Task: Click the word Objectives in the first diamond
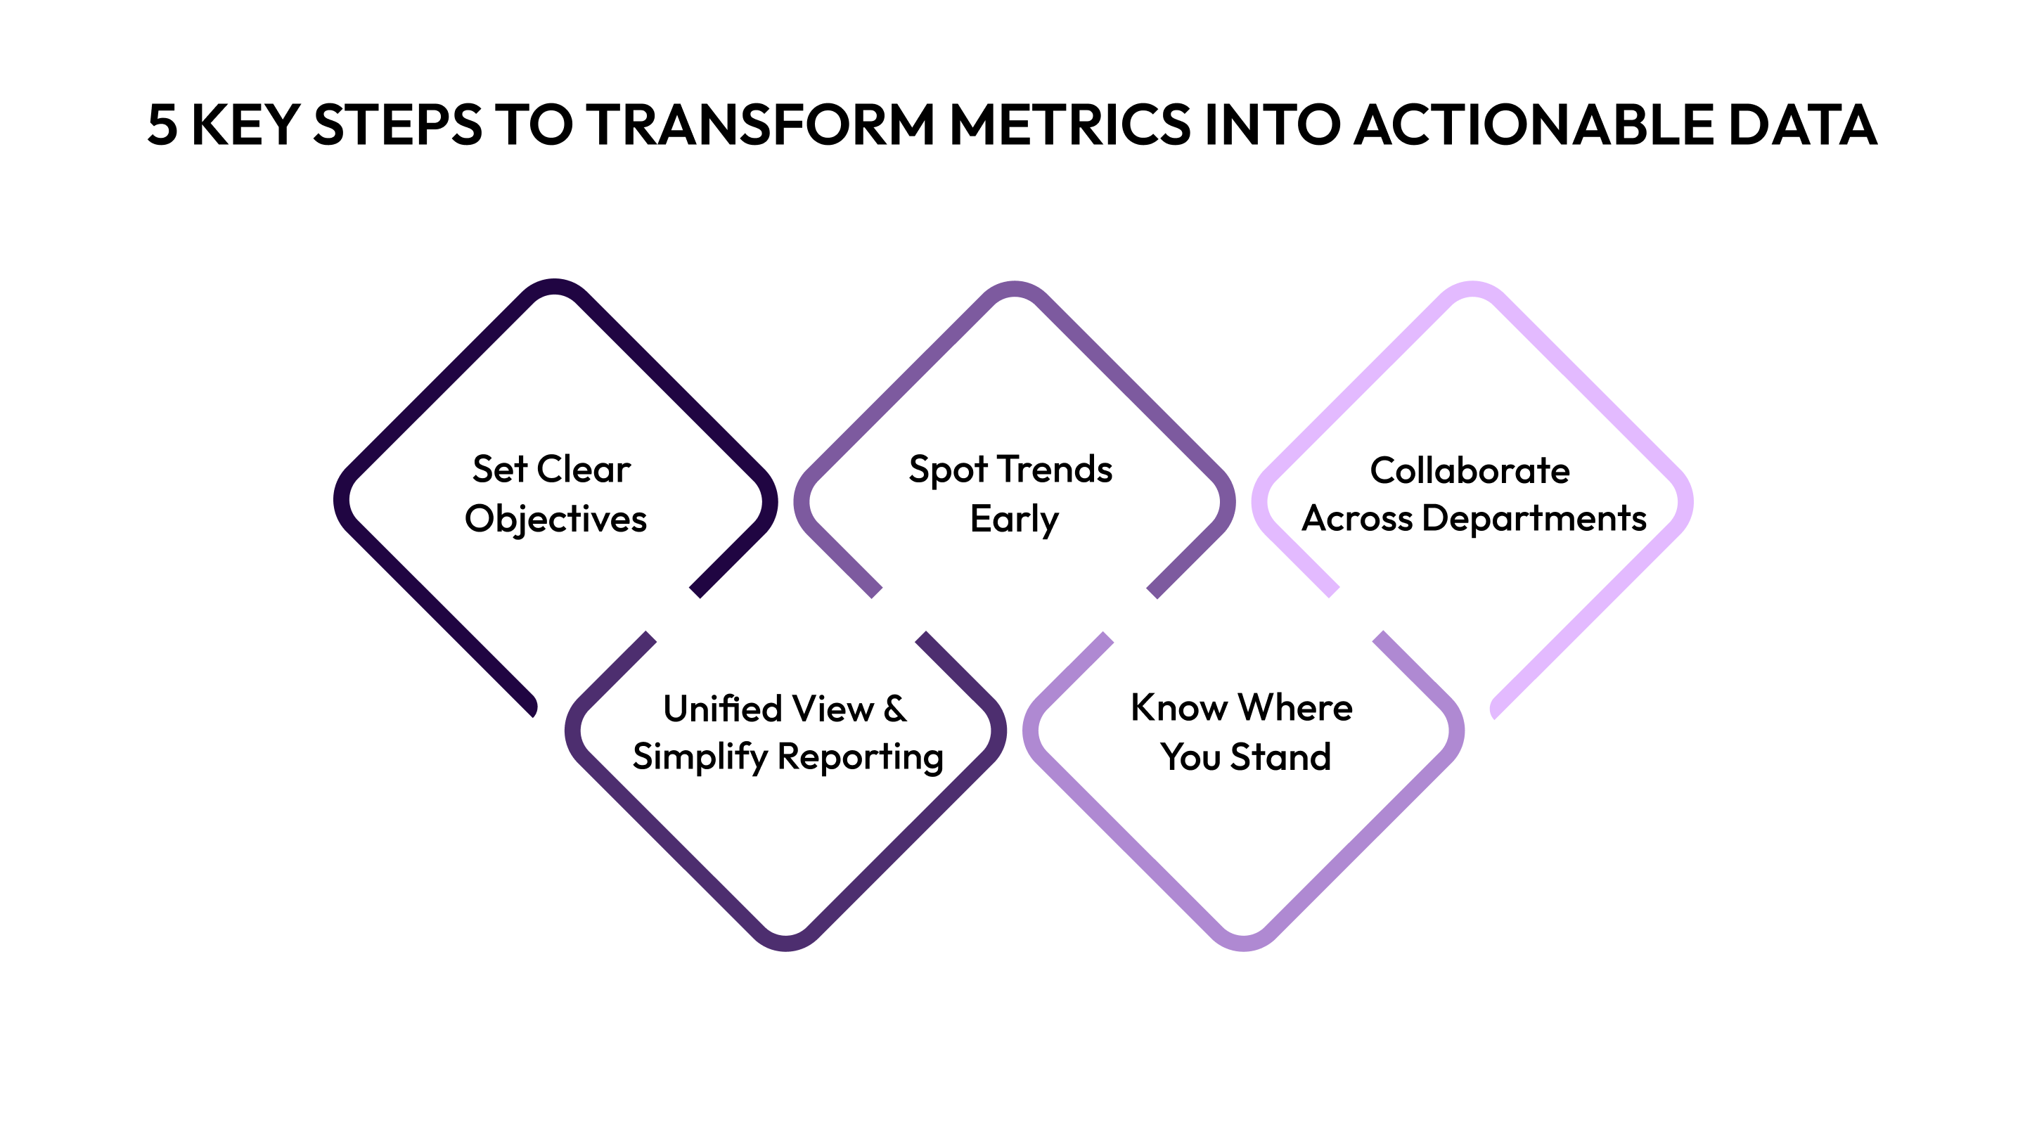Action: tap(555, 520)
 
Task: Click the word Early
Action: tap(1014, 520)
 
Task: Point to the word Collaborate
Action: tap(1470, 471)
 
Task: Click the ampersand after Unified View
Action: tap(894, 709)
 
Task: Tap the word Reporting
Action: tap(860, 757)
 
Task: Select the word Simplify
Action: tap(700, 757)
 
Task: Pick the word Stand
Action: tap(1280, 757)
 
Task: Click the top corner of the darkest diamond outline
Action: tap(555, 285)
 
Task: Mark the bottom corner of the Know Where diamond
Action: tap(1243, 944)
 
